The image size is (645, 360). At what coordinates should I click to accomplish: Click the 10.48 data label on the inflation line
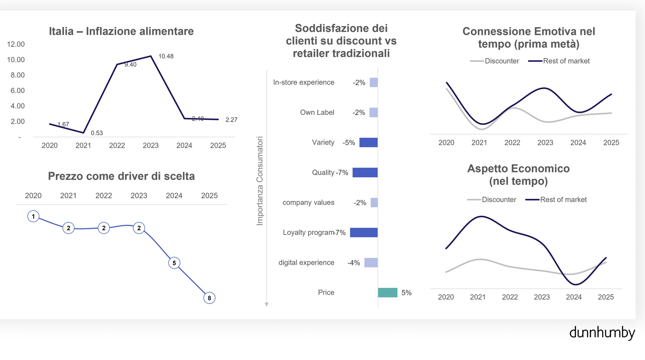tap(166, 56)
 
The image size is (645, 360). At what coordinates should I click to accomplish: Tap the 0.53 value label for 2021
tap(97, 133)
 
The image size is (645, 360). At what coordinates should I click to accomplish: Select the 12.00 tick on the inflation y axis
tap(16, 44)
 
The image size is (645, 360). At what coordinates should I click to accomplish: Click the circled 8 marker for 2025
tap(209, 298)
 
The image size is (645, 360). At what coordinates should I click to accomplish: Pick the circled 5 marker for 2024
tap(174, 263)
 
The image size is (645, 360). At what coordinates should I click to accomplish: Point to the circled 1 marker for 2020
tap(33, 216)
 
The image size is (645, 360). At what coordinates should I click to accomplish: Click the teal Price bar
tap(388, 293)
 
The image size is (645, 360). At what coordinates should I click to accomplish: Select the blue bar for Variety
tap(368, 142)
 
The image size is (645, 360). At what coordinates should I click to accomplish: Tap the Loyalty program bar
tap(364, 233)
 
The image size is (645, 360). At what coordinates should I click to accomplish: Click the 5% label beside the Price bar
tap(406, 293)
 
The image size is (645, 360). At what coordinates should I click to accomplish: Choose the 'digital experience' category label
tap(306, 263)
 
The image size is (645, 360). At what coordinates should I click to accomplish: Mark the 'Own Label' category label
tap(317, 113)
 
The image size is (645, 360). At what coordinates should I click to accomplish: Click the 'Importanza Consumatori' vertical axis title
tap(260, 181)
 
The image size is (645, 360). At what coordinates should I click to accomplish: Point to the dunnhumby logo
tap(602, 333)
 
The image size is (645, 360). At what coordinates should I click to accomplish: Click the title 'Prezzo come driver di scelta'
tap(121, 176)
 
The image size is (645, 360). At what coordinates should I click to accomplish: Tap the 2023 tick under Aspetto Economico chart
tap(542, 297)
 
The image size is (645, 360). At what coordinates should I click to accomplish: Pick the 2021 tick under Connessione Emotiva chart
tap(479, 143)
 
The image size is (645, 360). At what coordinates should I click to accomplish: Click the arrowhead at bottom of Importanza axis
tap(267, 304)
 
